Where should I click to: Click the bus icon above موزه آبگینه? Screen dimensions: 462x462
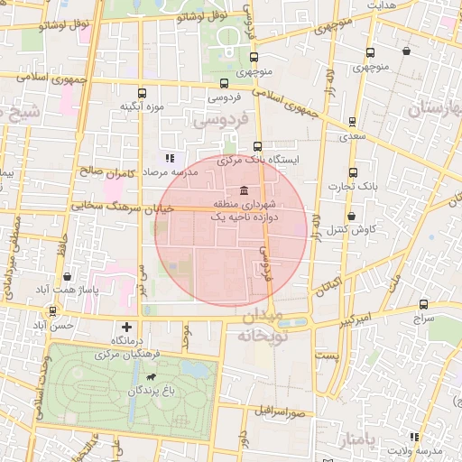tap(142, 92)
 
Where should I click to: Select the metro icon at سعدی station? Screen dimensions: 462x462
tap(352, 122)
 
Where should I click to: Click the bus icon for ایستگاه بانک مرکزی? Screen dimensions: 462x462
tap(258, 145)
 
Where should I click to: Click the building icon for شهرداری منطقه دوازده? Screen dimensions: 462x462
tap(245, 189)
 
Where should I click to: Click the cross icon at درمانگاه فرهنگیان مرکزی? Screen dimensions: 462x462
tap(126, 326)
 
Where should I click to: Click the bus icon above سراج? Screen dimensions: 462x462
tap(423, 304)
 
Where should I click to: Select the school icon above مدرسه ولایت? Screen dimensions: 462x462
tap(414, 436)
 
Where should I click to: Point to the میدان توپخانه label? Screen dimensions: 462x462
tap(261, 326)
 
